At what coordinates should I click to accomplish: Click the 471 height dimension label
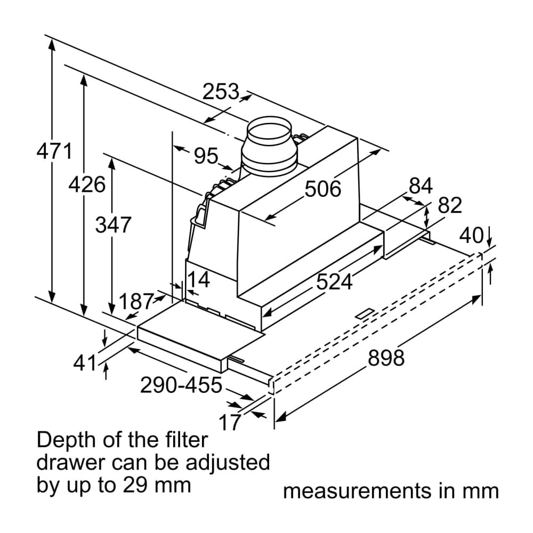(x=54, y=151)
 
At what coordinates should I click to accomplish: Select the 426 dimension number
(x=87, y=185)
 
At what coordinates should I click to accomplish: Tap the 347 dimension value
(x=113, y=225)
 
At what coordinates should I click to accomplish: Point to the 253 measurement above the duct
(x=221, y=92)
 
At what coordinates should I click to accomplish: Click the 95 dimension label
(x=206, y=156)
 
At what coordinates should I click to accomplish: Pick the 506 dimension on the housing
(x=322, y=189)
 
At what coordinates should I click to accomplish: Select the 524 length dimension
(x=334, y=281)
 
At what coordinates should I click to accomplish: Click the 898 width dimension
(x=386, y=358)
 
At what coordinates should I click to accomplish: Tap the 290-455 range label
(x=181, y=384)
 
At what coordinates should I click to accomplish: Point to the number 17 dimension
(x=230, y=423)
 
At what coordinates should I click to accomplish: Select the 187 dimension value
(x=136, y=302)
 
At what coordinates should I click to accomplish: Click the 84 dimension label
(x=421, y=186)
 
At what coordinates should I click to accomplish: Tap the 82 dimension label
(x=449, y=205)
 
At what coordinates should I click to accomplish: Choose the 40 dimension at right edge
(x=471, y=235)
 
